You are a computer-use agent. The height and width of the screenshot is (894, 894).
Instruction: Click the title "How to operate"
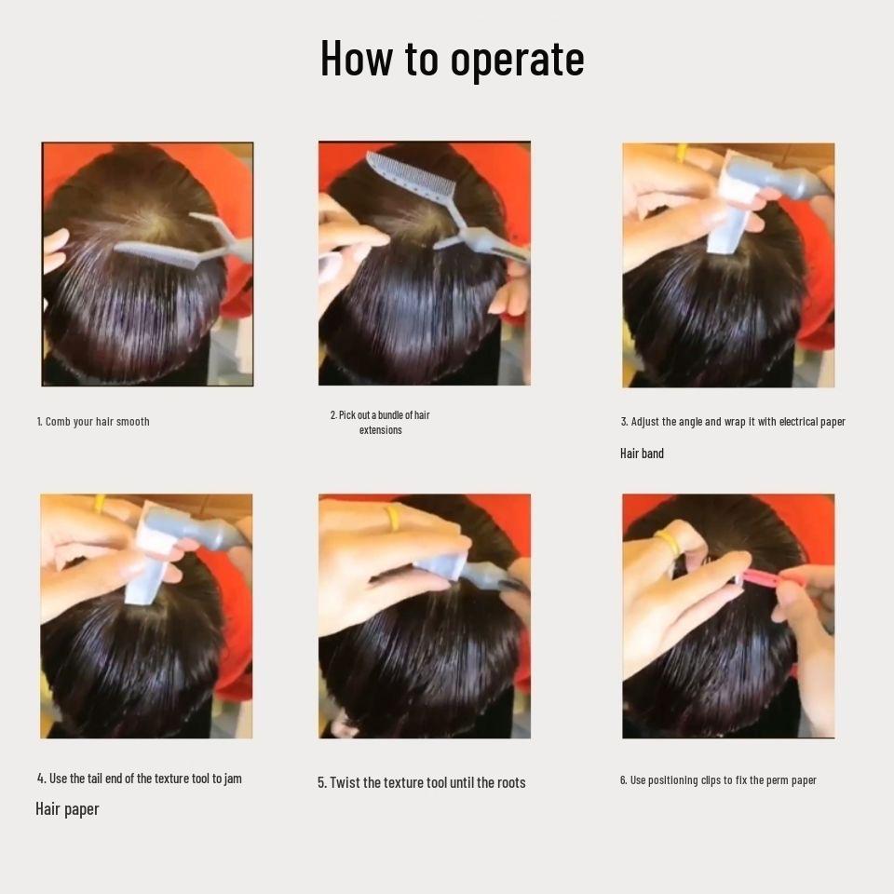tap(452, 58)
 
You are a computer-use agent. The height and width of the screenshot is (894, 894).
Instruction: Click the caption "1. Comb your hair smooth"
tap(93, 422)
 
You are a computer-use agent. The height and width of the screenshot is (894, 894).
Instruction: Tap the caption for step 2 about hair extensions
tap(380, 422)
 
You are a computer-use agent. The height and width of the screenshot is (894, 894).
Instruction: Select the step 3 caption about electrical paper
tap(733, 422)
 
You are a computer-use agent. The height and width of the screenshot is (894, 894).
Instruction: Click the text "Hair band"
tap(642, 454)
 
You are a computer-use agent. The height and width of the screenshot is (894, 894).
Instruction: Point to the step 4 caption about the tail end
tap(140, 779)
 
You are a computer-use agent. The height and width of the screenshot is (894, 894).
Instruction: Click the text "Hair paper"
tap(67, 809)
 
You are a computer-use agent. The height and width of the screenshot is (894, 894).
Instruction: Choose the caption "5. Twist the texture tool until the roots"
tap(421, 783)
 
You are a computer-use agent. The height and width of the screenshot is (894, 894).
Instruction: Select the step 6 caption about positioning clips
tap(718, 780)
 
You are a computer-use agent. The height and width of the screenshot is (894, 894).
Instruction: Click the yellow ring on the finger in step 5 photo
tap(395, 517)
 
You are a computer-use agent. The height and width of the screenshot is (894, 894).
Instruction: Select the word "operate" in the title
tap(517, 58)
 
